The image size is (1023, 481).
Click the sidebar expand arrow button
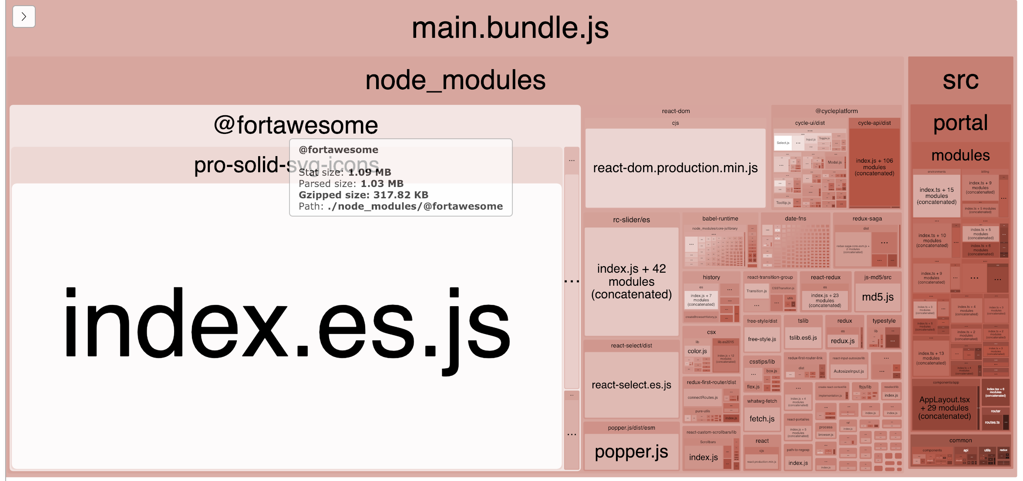(24, 17)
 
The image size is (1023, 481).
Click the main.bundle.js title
(510, 28)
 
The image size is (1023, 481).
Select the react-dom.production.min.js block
(675, 168)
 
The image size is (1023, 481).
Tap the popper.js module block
(631, 452)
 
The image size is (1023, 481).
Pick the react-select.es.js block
(631, 385)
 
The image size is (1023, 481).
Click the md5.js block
(878, 297)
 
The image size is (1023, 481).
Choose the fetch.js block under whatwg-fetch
(762, 419)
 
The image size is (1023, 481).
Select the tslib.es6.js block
(803, 338)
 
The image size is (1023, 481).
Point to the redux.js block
(842, 341)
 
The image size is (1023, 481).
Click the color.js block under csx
(697, 351)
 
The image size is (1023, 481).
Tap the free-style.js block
(762, 339)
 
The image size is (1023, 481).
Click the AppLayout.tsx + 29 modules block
(944, 408)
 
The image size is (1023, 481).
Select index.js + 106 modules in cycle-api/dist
(874, 167)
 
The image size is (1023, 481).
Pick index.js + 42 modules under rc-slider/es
(631, 281)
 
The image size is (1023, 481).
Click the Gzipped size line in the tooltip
(363, 195)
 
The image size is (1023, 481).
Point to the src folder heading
(960, 80)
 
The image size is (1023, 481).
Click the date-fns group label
(795, 219)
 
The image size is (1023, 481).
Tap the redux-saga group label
(867, 219)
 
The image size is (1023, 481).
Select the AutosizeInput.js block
(848, 371)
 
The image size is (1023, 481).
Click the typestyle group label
(884, 321)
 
